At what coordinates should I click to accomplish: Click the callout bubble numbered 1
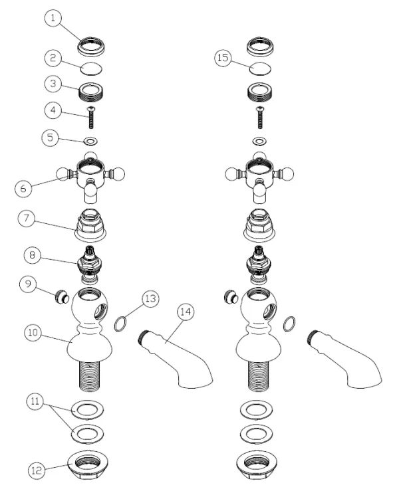pos(53,18)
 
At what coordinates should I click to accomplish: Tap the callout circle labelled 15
pos(223,58)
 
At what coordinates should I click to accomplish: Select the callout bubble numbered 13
pos(150,298)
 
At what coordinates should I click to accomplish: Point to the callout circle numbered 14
pos(186,312)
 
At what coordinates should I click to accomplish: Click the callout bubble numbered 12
pos(37,470)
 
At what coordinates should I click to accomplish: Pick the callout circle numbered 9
pos(28,284)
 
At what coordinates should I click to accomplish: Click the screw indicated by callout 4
pos(91,118)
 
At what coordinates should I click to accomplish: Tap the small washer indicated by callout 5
pos(90,141)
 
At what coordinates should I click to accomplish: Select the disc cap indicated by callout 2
pos(91,69)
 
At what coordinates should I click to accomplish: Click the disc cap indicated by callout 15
pos(260,68)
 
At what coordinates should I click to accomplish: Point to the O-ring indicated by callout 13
pos(120,324)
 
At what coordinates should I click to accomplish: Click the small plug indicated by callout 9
pos(62,297)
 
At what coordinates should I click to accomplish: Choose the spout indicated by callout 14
pos(176,359)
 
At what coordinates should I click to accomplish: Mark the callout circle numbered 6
pos(23,189)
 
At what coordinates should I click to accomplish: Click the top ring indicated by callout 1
pos(91,47)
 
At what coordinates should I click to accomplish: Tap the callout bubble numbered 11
pos(35,401)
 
